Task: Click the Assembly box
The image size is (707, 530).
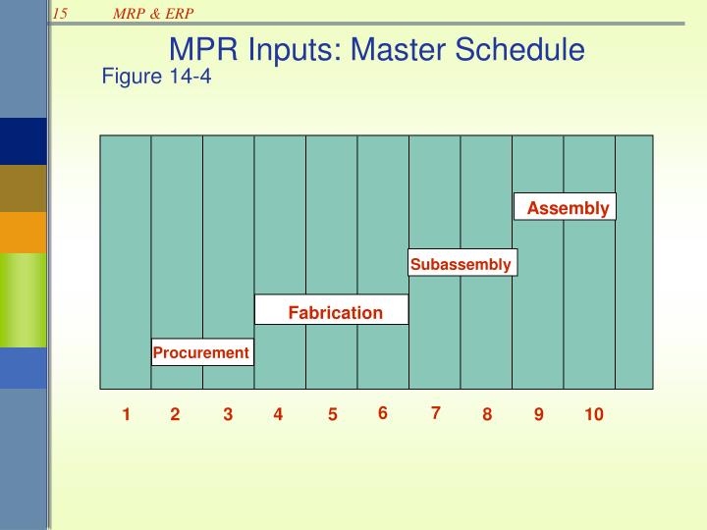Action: click(566, 207)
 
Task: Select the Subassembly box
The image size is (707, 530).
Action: click(461, 264)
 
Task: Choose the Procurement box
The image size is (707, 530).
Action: click(202, 352)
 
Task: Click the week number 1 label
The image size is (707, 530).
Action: click(127, 415)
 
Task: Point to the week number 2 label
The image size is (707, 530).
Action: click(175, 415)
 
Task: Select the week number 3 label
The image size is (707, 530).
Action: click(228, 415)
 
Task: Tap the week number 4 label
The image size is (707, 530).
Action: click(278, 415)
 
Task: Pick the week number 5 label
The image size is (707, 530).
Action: click(333, 415)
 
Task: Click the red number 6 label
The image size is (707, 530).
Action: click(383, 413)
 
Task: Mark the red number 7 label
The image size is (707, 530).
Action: click(435, 413)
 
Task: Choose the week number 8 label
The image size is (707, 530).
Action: click(486, 415)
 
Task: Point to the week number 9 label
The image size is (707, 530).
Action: click(539, 415)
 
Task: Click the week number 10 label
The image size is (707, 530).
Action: click(593, 415)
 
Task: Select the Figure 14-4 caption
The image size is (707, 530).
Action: click(156, 77)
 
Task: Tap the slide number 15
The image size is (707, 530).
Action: click(61, 13)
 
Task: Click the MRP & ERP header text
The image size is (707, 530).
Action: click(151, 13)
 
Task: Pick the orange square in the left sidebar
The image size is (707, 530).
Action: click(24, 232)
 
